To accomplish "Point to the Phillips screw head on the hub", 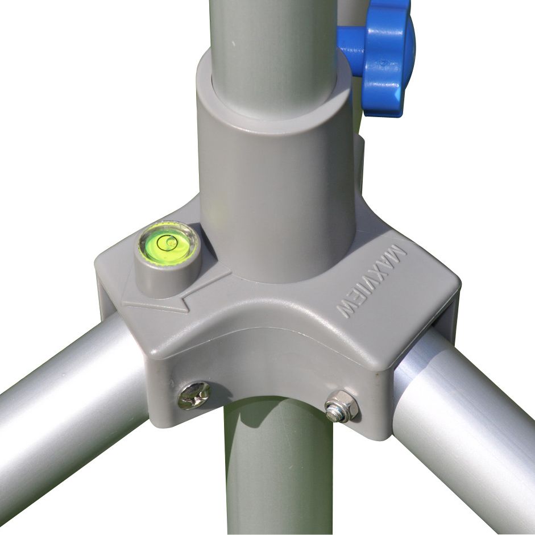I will click(x=194, y=395).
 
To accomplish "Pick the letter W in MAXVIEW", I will click(x=347, y=310).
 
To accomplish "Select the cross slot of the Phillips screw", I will click(x=194, y=395).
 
